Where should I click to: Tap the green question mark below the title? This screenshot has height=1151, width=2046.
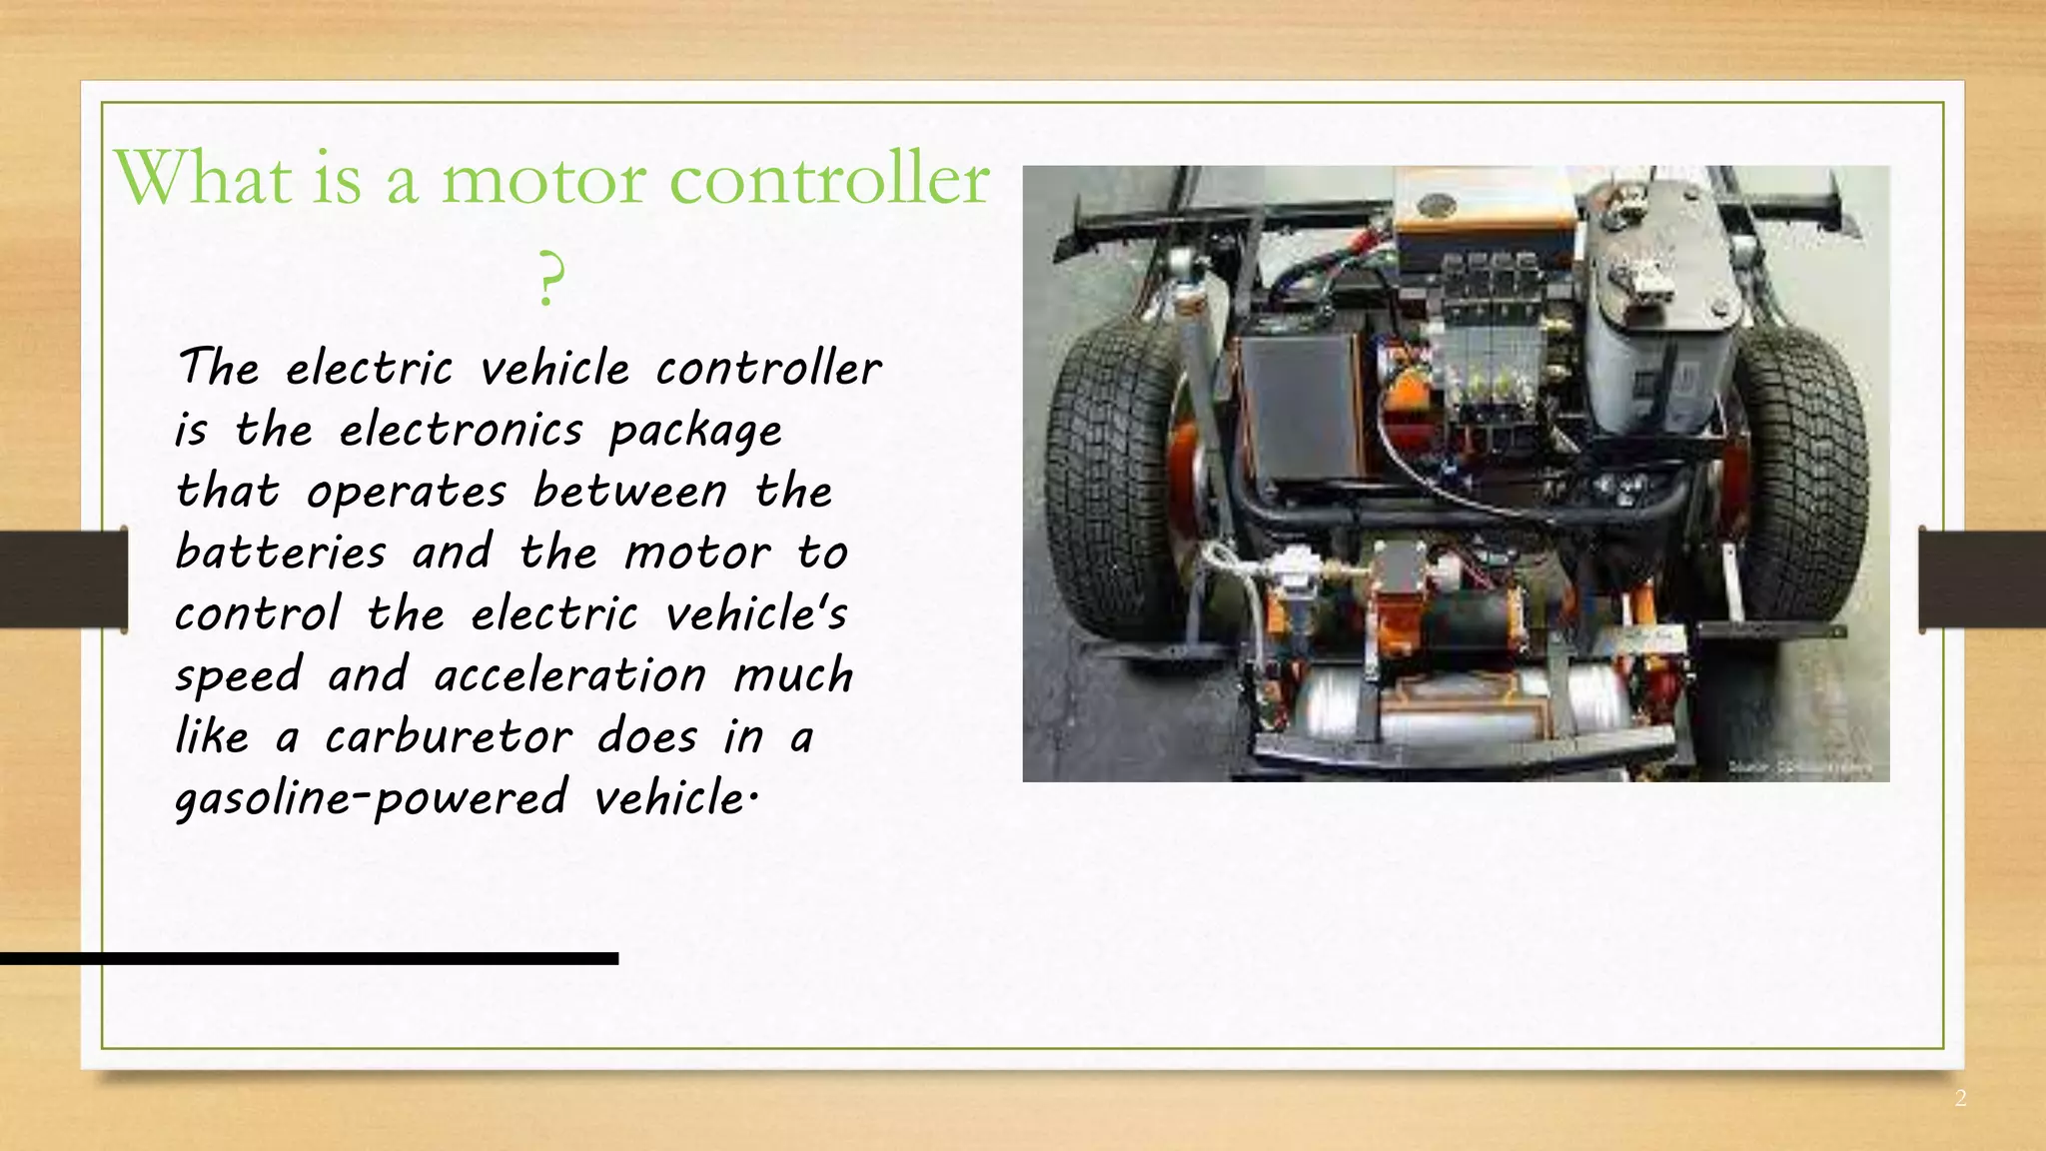pos(548,279)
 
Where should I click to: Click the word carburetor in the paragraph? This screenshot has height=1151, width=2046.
pos(449,737)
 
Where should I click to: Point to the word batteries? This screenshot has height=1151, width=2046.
pos(281,553)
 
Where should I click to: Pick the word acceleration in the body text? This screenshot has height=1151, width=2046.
pos(570,675)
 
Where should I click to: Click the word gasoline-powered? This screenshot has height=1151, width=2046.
pos(371,799)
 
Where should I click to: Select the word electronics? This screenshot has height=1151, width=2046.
pos(461,431)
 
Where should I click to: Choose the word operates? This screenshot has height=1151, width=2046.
pos(407,492)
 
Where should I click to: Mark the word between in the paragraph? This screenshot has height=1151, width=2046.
pos(629,492)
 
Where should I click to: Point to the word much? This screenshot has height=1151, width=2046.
pos(793,675)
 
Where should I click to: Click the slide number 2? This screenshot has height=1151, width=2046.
pos(1960,1099)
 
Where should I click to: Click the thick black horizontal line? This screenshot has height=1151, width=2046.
pos(309,958)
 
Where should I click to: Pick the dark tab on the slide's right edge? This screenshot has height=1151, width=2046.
pos(1982,578)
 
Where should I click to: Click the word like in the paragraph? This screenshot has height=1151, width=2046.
pos(212,737)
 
